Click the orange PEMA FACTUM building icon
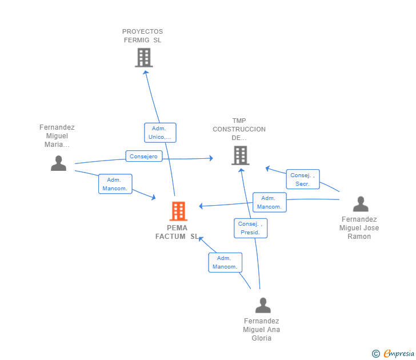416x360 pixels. [x=178, y=211]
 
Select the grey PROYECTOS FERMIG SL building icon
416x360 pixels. [x=144, y=58]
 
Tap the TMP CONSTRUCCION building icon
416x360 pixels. [x=241, y=155]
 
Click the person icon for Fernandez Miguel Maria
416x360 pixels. [x=59, y=163]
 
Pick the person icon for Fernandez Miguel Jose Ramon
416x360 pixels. [x=361, y=204]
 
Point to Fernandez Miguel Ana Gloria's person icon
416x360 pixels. [x=263, y=305]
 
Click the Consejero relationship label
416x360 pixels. [x=144, y=156]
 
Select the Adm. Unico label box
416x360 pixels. [x=160, y=133]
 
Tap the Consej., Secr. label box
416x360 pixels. [x=303, y=179]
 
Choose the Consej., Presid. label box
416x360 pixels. [x=250, y=228]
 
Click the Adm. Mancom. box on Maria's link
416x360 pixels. [x=115, y=184]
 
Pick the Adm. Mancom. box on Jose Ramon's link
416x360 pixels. [x=270, y=202]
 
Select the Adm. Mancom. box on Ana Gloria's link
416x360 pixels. [x=225, y=262]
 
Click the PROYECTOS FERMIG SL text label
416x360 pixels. [x=142, y=36]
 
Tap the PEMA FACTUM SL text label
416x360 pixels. [x=177, y=232]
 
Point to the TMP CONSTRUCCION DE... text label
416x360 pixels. [x=239, y=129]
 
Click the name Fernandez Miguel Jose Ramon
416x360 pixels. [x=359, y=228]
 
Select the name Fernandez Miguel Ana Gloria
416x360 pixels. [x=261, y=330]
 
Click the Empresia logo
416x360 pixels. [x=393, y=353]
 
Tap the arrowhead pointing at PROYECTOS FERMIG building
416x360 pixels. [x=145, y=73]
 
